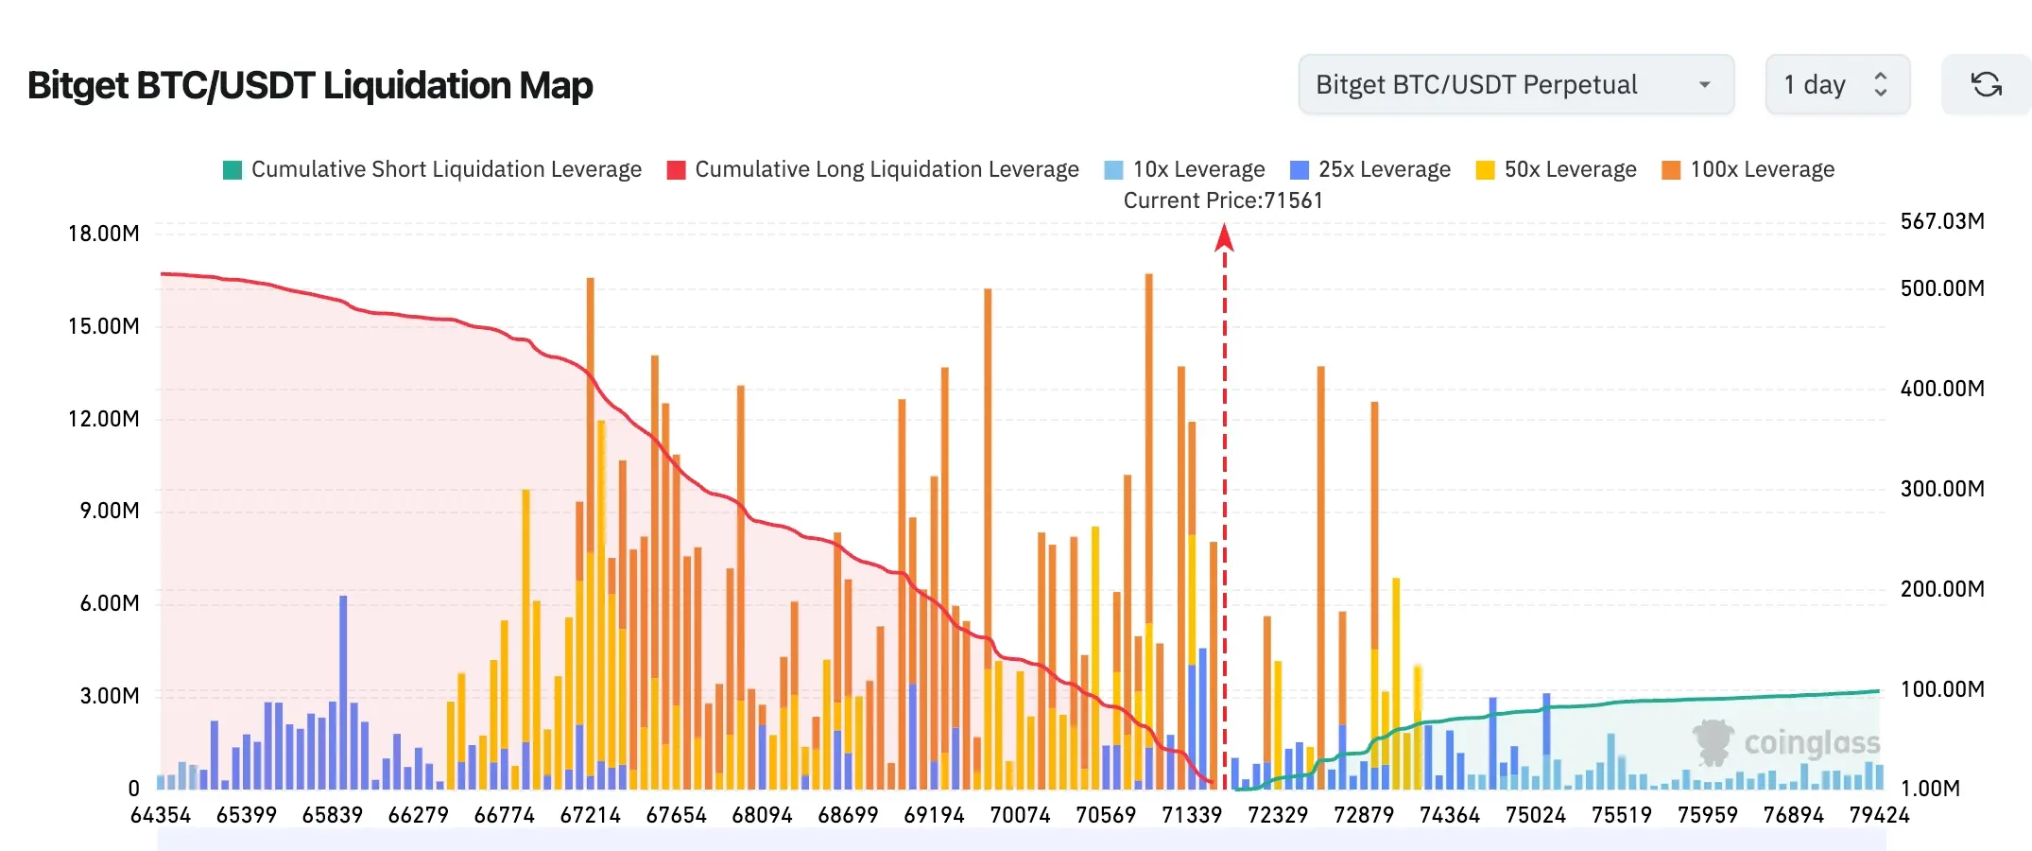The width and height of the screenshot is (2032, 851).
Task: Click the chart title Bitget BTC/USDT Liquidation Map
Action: (310, 85)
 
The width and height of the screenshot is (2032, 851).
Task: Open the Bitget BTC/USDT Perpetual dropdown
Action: (1516, 84)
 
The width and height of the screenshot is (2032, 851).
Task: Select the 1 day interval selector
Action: (1837, 84)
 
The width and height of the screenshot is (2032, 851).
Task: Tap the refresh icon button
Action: (1986, 84)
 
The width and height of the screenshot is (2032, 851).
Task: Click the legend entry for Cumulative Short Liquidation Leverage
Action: (432, 169)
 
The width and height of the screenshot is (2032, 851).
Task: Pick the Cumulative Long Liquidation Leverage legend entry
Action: (872, 169)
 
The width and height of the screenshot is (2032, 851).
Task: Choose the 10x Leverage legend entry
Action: (1184, 169)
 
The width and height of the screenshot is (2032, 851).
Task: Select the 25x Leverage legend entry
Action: (1370, 169)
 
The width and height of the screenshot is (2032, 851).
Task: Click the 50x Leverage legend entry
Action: (1556, 169)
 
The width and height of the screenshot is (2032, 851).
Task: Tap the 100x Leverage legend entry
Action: (1748, 169)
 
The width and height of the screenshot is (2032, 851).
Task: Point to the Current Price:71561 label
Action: (1223, 200)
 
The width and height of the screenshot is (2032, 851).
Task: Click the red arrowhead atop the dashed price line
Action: (1224, 237)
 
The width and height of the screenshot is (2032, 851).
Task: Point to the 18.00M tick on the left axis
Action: (103, 234)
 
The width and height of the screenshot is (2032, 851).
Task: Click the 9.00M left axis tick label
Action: (110, 511)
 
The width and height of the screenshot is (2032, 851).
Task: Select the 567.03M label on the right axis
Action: (1942, 221)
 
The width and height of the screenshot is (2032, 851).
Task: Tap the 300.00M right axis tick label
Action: (1942, 489)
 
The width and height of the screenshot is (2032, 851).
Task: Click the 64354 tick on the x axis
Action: (161, 815)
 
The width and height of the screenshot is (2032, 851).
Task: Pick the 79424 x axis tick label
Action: (1879, 815)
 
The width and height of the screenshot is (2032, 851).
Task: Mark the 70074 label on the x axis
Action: (1020, 815)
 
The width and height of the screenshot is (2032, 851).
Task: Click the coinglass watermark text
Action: (1812, 743)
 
